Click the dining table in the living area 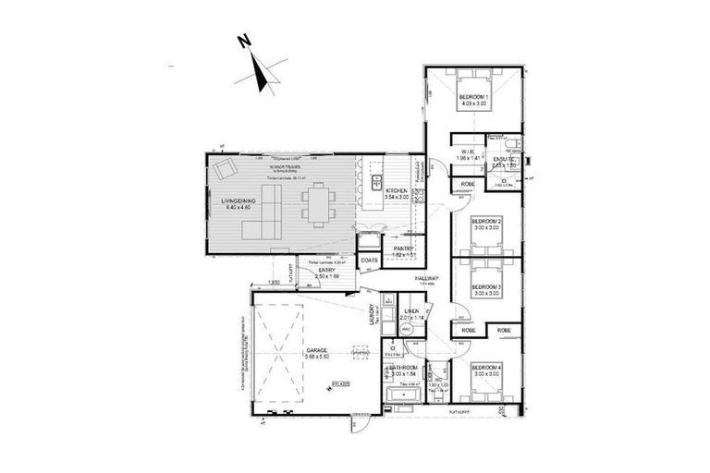319,202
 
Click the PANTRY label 403,249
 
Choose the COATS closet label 370,261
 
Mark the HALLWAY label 426,278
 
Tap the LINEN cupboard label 412,311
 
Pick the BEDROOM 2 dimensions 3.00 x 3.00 486,228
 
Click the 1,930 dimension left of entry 275,282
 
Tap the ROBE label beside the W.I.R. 469,184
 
